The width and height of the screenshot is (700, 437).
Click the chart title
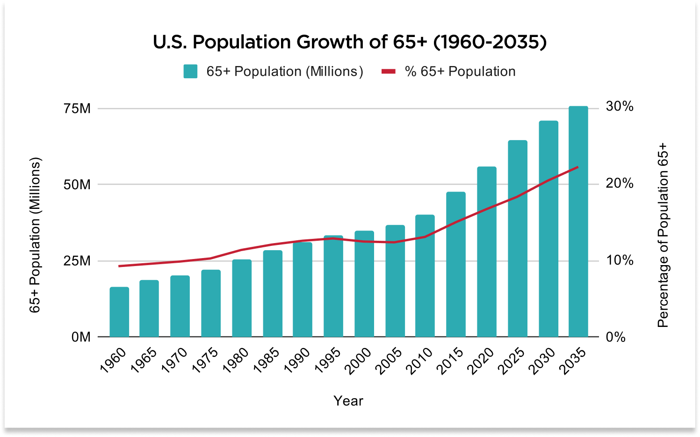click(x=350, y=42)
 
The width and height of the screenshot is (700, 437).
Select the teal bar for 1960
click(x=119, y=312)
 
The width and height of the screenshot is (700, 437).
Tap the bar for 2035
click(x=578, y=222)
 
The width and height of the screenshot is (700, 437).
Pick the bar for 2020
click(x=487, y=252)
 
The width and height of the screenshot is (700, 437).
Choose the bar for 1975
click(x=211, y=304)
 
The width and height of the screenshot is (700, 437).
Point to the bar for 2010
click(x=425, y=276)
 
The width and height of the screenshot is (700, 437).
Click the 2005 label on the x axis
click(x=389, y=361)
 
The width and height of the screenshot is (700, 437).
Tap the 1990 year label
click(x=297, y=361)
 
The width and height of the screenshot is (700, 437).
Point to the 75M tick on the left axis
click(x=77, y=109)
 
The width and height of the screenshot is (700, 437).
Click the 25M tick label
click(x=77, y=261)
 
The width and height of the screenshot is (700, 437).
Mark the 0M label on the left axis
click(x=81, y=337)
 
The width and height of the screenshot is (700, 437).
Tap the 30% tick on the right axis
click(x=620, y=106)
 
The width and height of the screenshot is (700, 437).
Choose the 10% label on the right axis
click(x=620, y=260)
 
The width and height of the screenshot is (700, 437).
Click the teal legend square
click(x=190, y=71)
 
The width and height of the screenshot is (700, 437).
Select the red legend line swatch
click(x=389, y=71)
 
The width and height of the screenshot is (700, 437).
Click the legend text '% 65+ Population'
click(x=460, y=71)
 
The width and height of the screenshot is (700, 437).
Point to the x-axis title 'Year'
click(x=348, y=400)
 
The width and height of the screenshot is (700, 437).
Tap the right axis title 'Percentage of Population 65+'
click(x=663, y=236)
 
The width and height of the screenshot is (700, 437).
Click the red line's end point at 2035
click(x=578, y=167)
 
